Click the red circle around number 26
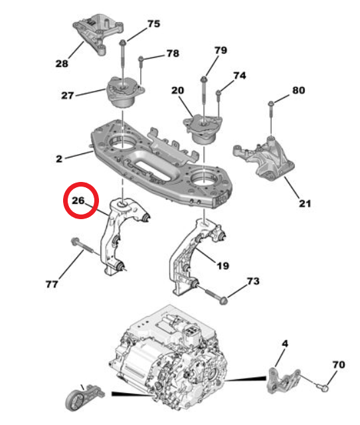(80, 200)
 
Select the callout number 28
(62, 64)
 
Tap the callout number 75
(153, 24)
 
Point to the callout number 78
(172, 52)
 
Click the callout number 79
(221, 50)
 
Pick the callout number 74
(239, 76)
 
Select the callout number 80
(298, 90)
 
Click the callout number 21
(304, 204)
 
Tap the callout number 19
(223, 266)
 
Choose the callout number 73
(252, 282)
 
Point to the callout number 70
(338, 365)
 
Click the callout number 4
(285, 344)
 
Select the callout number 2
(59, 159)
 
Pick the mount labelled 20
(203, 127)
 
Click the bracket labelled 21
(264, 157)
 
